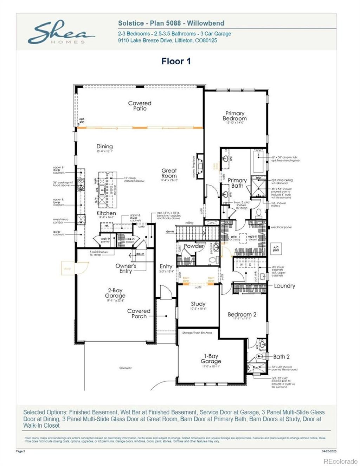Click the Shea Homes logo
coord(61,32)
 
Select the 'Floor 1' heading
coord(176,61)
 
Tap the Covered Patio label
coord(140,106)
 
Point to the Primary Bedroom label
coord(234,116)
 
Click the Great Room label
coord(169,173)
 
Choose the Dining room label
coord(104,146)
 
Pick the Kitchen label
coord(106,213)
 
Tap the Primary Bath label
coord(237,183)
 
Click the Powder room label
coord(194,246)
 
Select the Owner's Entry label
coord(126,268)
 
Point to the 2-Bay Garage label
coord(115,293)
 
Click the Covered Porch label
coord(139,313)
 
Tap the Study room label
coord(198,304)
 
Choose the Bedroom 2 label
coord(242,315)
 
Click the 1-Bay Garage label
coord(211,358)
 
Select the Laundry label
coord(284,286)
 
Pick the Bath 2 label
coord(281,357)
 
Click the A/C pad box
coord(276,249)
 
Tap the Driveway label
coord(126,368)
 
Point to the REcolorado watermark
coord(340,461)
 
